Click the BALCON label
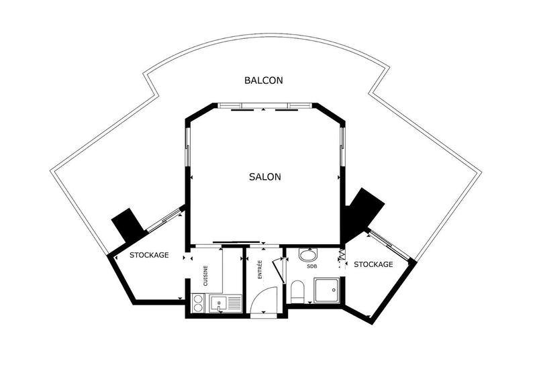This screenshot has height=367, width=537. tap(263, 80)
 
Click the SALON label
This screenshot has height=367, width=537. tap(264, 177)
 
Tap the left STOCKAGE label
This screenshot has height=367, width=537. tap(149, 255)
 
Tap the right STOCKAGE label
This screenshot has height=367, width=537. tap(373, 264)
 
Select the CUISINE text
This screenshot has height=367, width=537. tap(206, 276)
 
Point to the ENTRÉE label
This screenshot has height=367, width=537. tap(260, 269)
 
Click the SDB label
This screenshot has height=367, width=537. tap(312, 266)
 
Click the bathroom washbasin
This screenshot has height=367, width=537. tap(308, 255)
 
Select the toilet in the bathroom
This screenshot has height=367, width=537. tap(297, 292)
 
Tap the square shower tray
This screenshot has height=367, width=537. tap(327, 291)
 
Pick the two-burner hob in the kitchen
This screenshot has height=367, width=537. tap(199, 303)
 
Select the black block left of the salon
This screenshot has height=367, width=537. tap(128, 224)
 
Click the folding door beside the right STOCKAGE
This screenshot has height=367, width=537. tap(342, 255)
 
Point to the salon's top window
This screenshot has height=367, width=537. tap(266, 106)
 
